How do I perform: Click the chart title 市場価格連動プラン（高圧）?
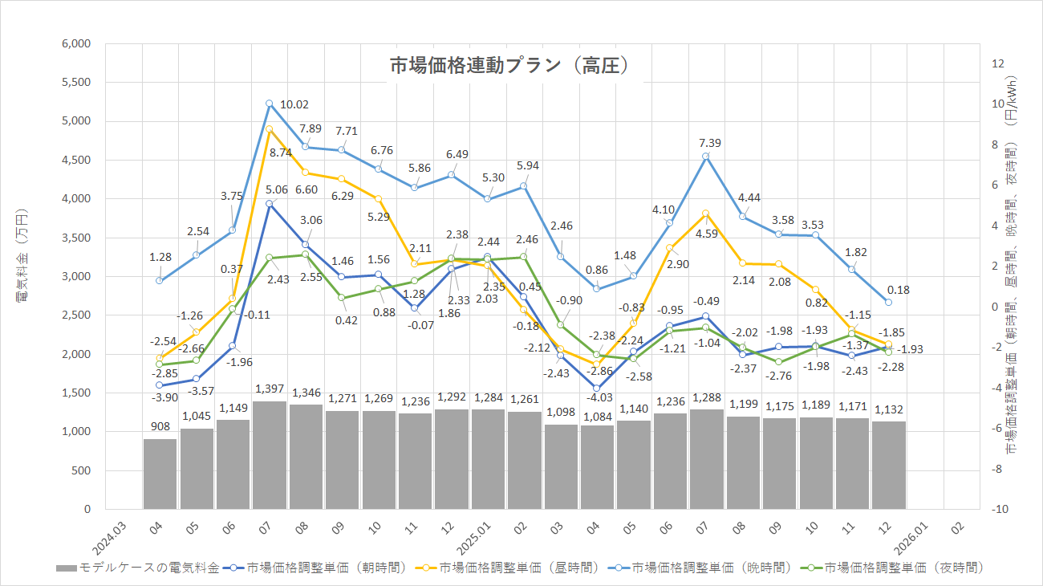(x=508, y=66)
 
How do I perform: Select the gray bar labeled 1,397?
(x=269, y=454)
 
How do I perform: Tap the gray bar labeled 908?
(x=160, y=474)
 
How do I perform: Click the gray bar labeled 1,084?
(x=596, y=467)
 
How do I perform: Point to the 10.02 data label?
(x=293, y=104)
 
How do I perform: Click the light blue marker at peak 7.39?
(x=705, y=157)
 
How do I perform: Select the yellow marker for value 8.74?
(x=269, y=129)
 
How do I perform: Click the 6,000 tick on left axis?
(x=76, y=43)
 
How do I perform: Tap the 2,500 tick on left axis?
(x=76, y=315)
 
